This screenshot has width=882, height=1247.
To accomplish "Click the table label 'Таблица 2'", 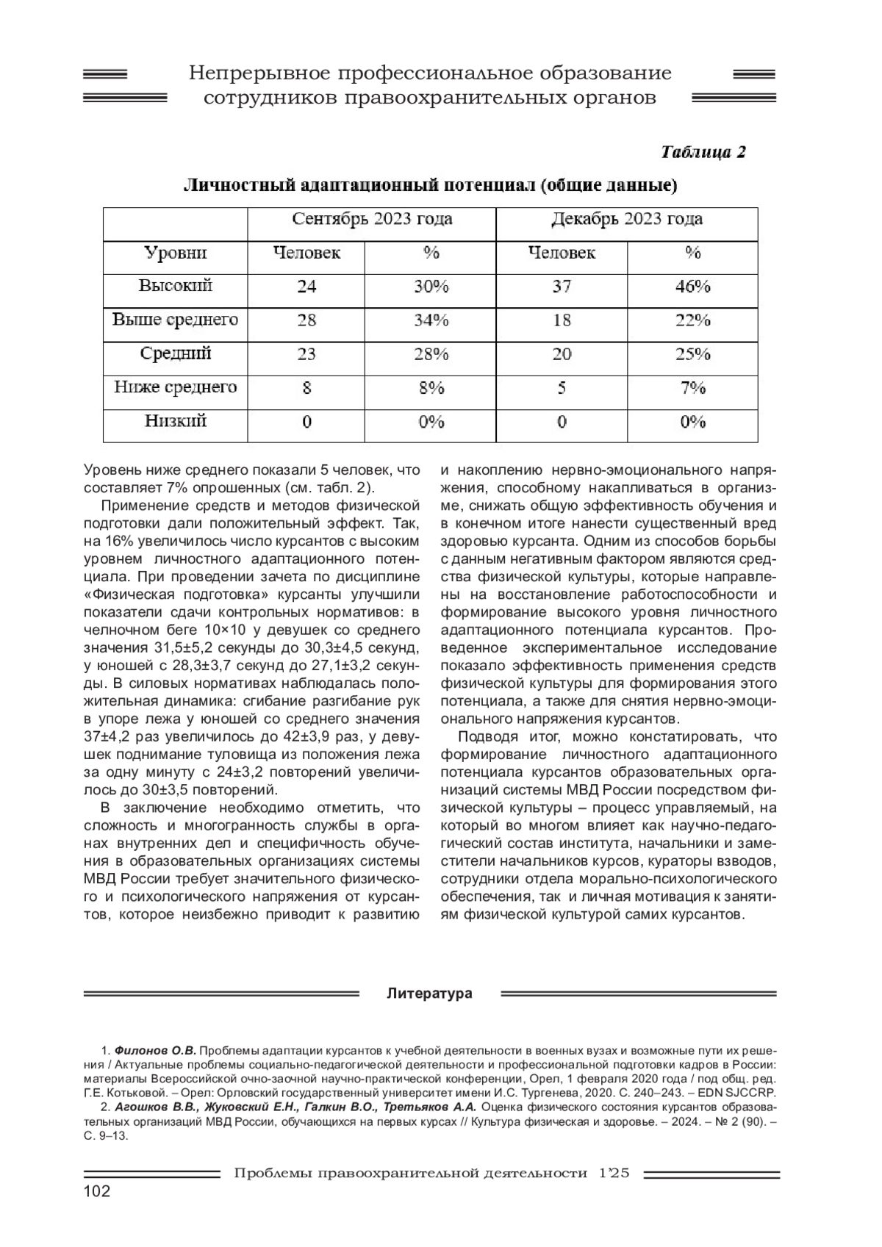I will [703, 152].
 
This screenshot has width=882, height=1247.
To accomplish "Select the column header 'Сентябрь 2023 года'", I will [372, 219].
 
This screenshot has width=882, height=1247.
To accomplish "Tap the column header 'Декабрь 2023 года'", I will [627, 219].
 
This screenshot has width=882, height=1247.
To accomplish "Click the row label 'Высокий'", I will [176, 286].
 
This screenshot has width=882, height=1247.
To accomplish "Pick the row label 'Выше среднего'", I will [176, 320].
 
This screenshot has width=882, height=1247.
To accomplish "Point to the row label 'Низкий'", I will [176, 421].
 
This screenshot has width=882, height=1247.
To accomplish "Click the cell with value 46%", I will [692, 287].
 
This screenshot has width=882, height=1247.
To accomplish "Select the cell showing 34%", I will [431, 320].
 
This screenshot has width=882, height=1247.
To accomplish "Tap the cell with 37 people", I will [562, 287].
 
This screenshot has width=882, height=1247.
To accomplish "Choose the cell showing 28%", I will [431, 354].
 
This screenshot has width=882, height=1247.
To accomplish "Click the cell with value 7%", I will [692, 388].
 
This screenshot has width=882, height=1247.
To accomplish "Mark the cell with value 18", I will [562, 320].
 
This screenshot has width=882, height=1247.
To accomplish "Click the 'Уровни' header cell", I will [176, 254].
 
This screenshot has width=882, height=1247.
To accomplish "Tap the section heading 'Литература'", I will [430, 993].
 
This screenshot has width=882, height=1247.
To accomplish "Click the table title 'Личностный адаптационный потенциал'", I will [360, 185].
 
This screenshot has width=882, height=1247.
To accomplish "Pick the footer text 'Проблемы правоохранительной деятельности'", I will [410, 1174].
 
